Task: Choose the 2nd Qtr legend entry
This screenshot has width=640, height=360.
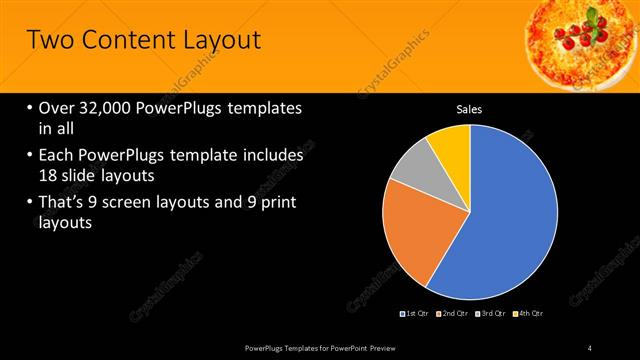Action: (454, 314)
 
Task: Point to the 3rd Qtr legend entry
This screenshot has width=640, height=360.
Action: (492, 314)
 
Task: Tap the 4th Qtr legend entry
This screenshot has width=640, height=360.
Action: (530, 314)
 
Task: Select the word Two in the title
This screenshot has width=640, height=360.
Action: (49, 41)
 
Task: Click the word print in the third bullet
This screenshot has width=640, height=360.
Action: (277, 203)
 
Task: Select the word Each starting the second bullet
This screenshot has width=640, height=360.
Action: (59, 156)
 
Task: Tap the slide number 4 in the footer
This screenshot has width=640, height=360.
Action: (589, 348)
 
